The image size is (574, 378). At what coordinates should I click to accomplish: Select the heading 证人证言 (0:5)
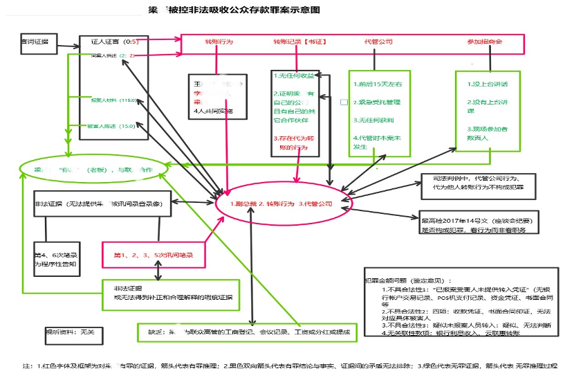pos(111,41)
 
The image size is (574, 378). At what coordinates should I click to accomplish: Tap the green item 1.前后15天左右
pos(377,84)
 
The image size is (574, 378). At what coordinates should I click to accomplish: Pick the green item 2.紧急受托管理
pos(377,102)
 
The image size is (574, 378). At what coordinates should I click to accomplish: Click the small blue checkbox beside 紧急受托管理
pos(344,102)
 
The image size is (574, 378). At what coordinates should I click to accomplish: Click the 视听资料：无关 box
pos(69,332)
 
